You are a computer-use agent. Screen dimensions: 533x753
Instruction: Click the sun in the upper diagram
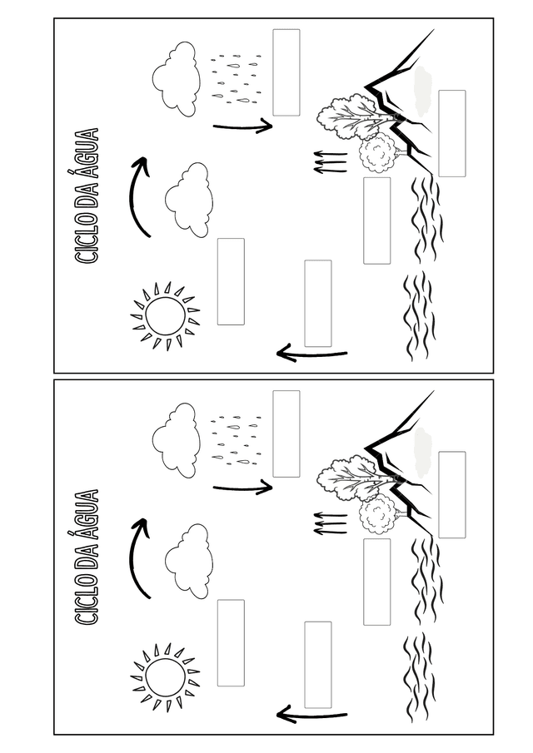166,315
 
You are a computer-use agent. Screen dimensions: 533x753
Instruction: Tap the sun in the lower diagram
166,676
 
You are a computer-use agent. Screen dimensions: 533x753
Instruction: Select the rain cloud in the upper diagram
177,79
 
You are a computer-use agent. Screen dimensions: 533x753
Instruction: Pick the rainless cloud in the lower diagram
189,562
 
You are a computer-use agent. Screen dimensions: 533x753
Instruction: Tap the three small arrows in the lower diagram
330,523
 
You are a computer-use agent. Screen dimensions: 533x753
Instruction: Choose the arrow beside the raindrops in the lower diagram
242,488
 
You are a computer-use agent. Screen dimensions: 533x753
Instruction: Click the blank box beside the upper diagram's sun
231,281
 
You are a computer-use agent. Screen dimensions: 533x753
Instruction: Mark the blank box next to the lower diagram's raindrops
286,433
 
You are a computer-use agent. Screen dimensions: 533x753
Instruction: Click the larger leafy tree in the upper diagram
347,116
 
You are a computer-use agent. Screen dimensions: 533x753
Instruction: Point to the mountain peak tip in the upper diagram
435,29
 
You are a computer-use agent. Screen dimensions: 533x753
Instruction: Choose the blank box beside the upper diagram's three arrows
376,220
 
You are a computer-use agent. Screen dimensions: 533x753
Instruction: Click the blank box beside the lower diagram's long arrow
317,665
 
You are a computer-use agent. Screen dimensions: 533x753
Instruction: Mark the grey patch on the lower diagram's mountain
423,452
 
